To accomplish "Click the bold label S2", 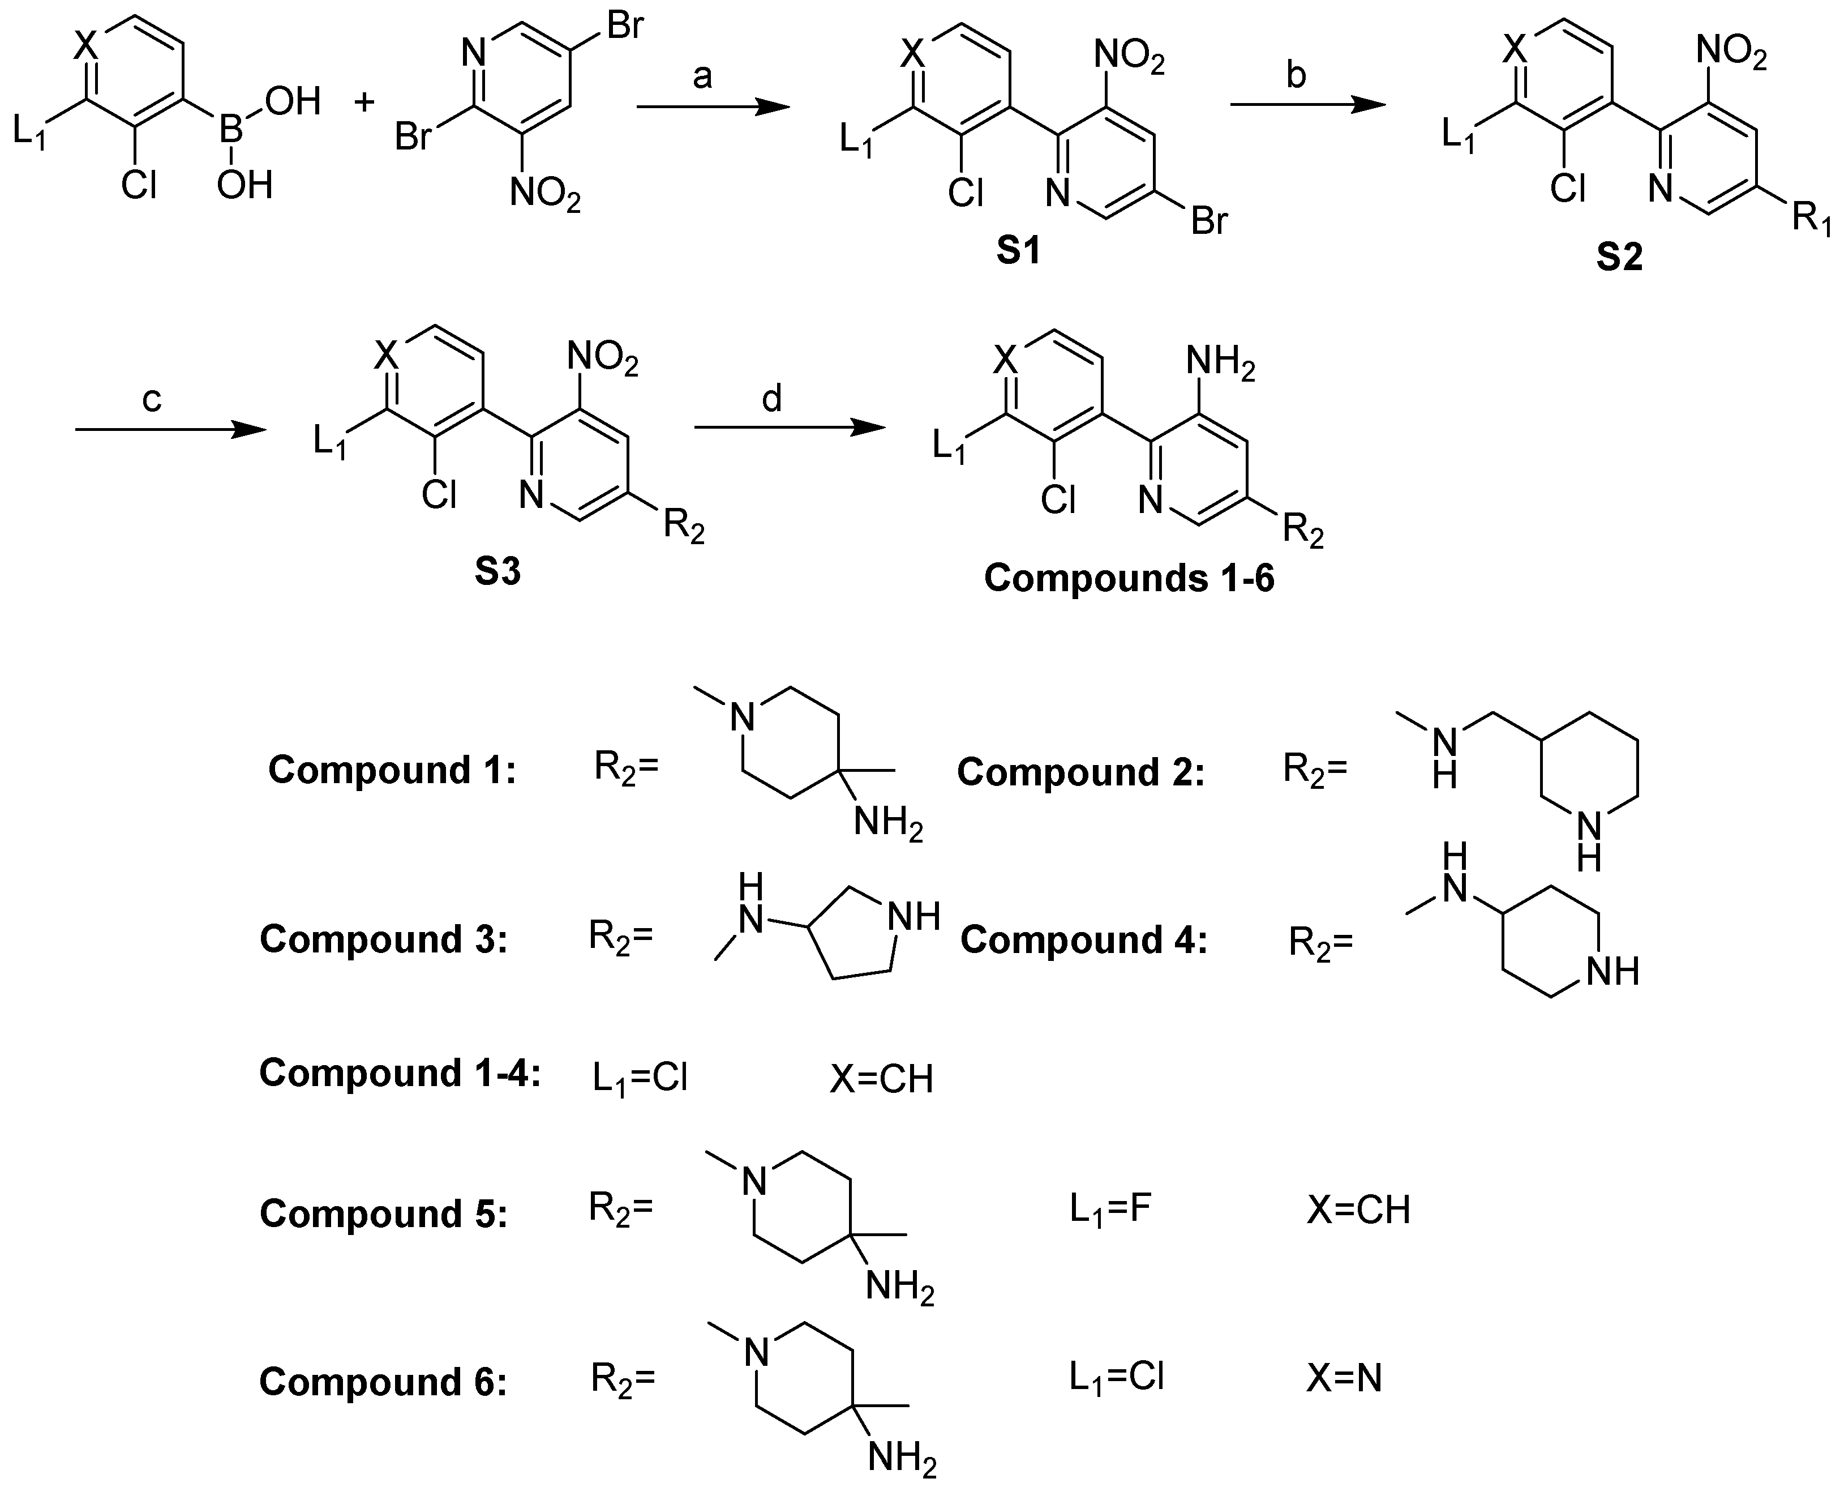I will coord(1619,257).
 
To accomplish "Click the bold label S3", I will coord(497,572).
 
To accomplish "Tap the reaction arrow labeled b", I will coord(1307,105).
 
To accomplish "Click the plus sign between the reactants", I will coord(364,104).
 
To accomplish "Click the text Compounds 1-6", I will coord(1129,578).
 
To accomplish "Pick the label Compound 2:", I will coord(1080,772).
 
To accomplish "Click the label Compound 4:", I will coord(1083,939).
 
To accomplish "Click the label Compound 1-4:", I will coord(400,1073).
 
